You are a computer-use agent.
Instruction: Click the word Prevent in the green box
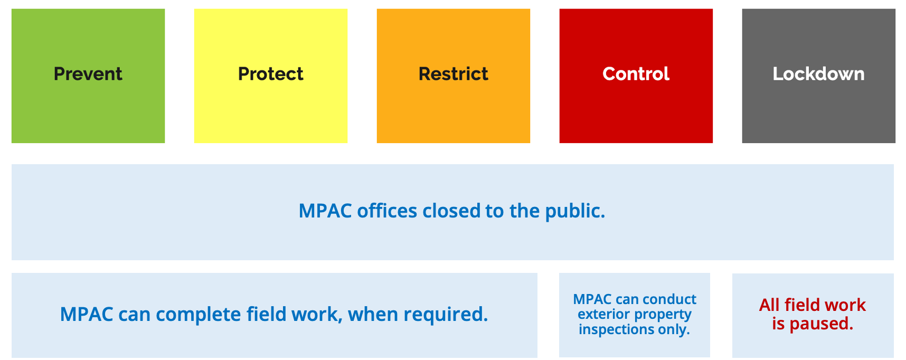(x=88, y=74)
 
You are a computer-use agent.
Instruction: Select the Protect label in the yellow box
(x=271, y=74)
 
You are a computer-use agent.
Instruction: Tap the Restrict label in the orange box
(x=454, y=74)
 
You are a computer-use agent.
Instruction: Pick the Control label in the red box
(x=636, y=74)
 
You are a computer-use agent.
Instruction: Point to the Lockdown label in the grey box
(x=819, y=74)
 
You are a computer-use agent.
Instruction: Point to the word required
(x=446, y=315)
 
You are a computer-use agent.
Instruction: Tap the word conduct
(x=669, y=299)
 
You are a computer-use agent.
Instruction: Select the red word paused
(x=821, y=324)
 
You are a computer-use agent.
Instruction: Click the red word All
(x=769, y=305)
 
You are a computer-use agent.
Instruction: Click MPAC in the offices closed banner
(x=325, y=211)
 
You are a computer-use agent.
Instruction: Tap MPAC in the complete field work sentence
(x=87, y=315)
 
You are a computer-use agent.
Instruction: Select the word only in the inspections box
(x=674, y=330)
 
